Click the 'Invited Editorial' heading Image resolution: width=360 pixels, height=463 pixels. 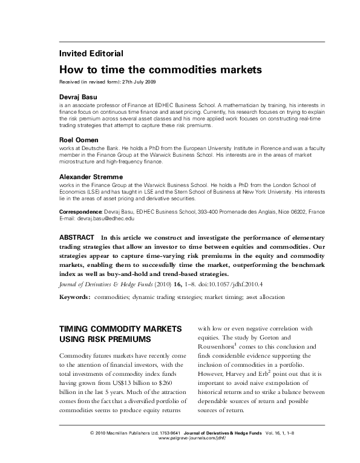91,53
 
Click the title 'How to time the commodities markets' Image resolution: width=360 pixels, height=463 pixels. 160,70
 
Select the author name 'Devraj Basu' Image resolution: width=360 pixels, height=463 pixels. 78,97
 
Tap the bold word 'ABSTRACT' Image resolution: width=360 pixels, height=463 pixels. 77,237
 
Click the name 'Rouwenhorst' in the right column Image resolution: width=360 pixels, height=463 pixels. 221,346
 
